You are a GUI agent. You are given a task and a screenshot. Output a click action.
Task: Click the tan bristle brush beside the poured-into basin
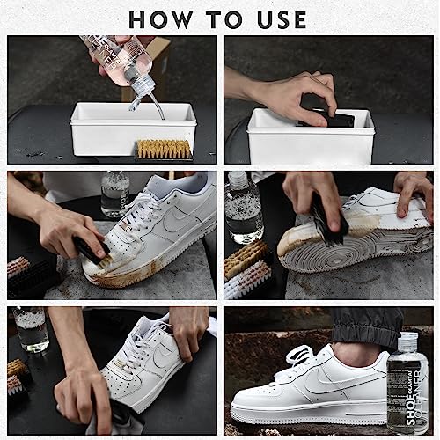pyautogui.click(x=164, y=148)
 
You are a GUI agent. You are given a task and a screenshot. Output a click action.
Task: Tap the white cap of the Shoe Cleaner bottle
pyautogui.click(x=407, y=339)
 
